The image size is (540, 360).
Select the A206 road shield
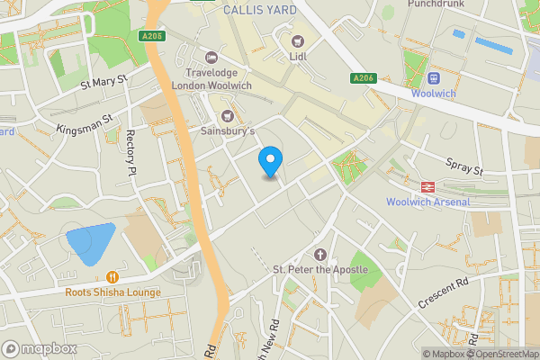pos(363,78)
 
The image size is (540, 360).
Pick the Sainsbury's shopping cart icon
pos(227,115)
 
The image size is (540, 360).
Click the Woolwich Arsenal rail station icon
pos(427,186)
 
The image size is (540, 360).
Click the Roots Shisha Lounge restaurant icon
pos(112,277)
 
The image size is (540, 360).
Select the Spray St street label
pos(465,166)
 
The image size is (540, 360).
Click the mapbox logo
pos(39,348)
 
